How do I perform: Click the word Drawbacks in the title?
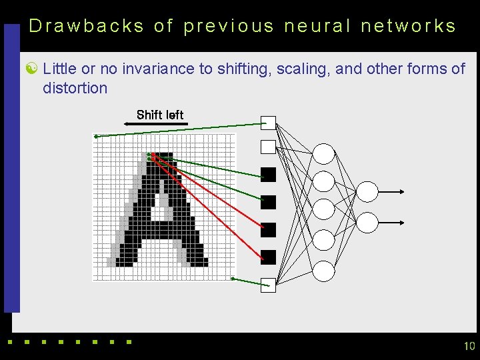(x=87, y=26)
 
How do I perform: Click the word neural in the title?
(x=317, y=26)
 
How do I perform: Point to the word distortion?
(x=75, y=88)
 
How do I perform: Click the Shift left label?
(x=159, y=115)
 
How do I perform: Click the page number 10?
(x=469, y=345)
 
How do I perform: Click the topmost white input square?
(x=268, y=123)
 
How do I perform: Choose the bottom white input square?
(x=268, y=284)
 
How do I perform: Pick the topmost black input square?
(x=268, y=175)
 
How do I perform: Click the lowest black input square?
(x=268, y=257)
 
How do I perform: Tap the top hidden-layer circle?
(x=324, y=154)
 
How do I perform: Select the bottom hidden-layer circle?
(x=324, y=271)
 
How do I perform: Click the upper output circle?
(x=367, y=192)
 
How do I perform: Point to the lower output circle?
(x=367, y=222)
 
